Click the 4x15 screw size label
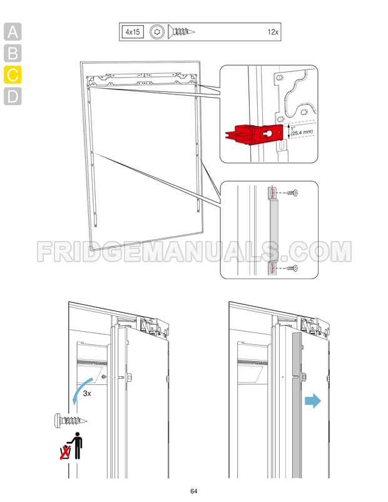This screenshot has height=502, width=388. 132,31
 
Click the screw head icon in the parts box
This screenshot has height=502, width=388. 158,31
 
